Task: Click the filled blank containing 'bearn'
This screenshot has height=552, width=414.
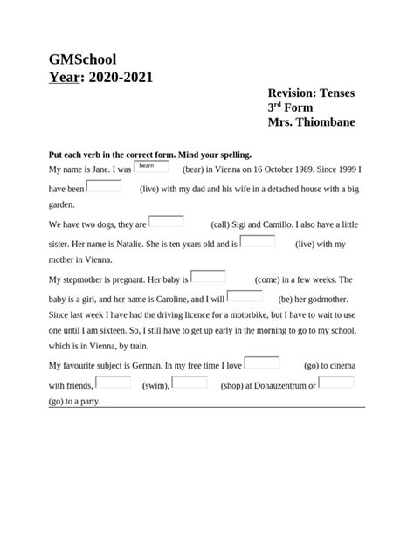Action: (x=150, y=166)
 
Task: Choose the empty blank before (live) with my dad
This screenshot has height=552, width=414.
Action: (x=105, y=185)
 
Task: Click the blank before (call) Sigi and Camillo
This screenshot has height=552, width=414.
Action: (x=166, y=222)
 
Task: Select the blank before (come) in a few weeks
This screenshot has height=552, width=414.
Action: (x=208, y=277)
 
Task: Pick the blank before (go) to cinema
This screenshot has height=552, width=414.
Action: (x=262, y=362)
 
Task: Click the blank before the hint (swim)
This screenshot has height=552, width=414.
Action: (x=114, y=382)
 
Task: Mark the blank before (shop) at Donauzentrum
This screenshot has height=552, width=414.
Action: (x=190, y=382)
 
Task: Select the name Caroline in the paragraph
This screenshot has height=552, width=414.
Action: (x=176, y=299)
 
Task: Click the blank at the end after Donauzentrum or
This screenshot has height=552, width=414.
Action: (x=336, y=382)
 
